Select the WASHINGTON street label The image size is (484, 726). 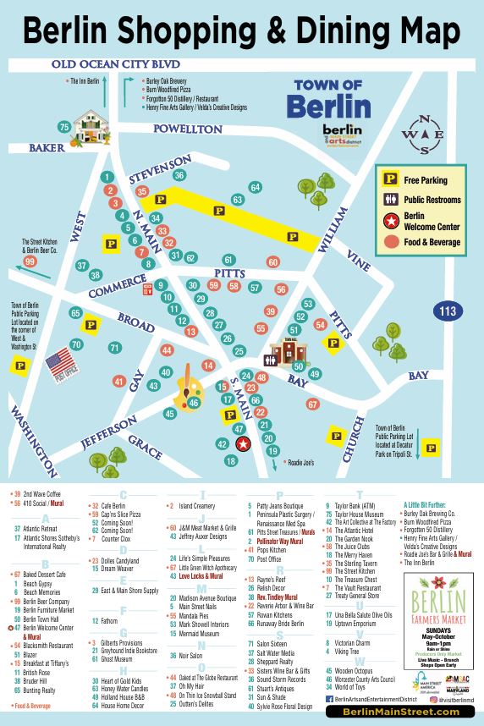point(28,434)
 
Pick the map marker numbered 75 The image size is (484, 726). point(63,127)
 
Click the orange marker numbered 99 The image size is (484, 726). point(30,261)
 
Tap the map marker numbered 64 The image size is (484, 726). point(255,187)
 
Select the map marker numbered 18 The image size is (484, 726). point(230,461)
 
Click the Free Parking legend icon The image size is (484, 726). point(391,179)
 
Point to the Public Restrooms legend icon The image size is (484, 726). point(391,200)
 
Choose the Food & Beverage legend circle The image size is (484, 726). point(391,242)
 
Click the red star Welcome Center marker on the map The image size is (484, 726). point(244,443)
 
